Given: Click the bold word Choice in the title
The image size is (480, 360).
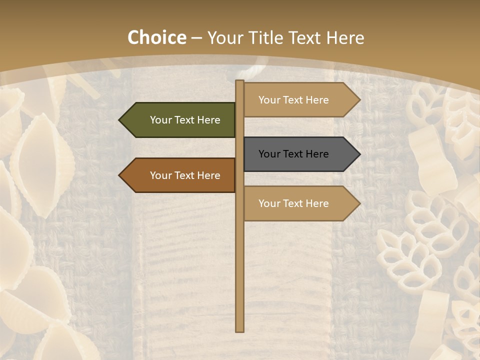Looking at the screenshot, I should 156,37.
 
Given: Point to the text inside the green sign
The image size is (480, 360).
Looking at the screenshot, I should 185,120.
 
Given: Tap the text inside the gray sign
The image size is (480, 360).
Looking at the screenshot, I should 293,154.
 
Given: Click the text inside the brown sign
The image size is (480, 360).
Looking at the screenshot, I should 185,175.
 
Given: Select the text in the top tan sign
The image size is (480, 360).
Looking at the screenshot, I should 293,100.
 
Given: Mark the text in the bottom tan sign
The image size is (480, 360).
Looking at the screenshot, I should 293,203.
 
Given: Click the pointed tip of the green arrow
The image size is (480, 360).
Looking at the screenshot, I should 120,120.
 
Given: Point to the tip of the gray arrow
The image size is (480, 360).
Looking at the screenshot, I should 359,154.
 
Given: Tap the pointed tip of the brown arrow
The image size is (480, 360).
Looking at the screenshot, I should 120,175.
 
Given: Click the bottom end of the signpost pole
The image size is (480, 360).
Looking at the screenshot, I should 240,330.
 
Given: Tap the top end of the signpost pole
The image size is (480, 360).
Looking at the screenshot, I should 240,81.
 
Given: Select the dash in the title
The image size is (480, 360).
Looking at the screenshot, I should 196,38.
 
